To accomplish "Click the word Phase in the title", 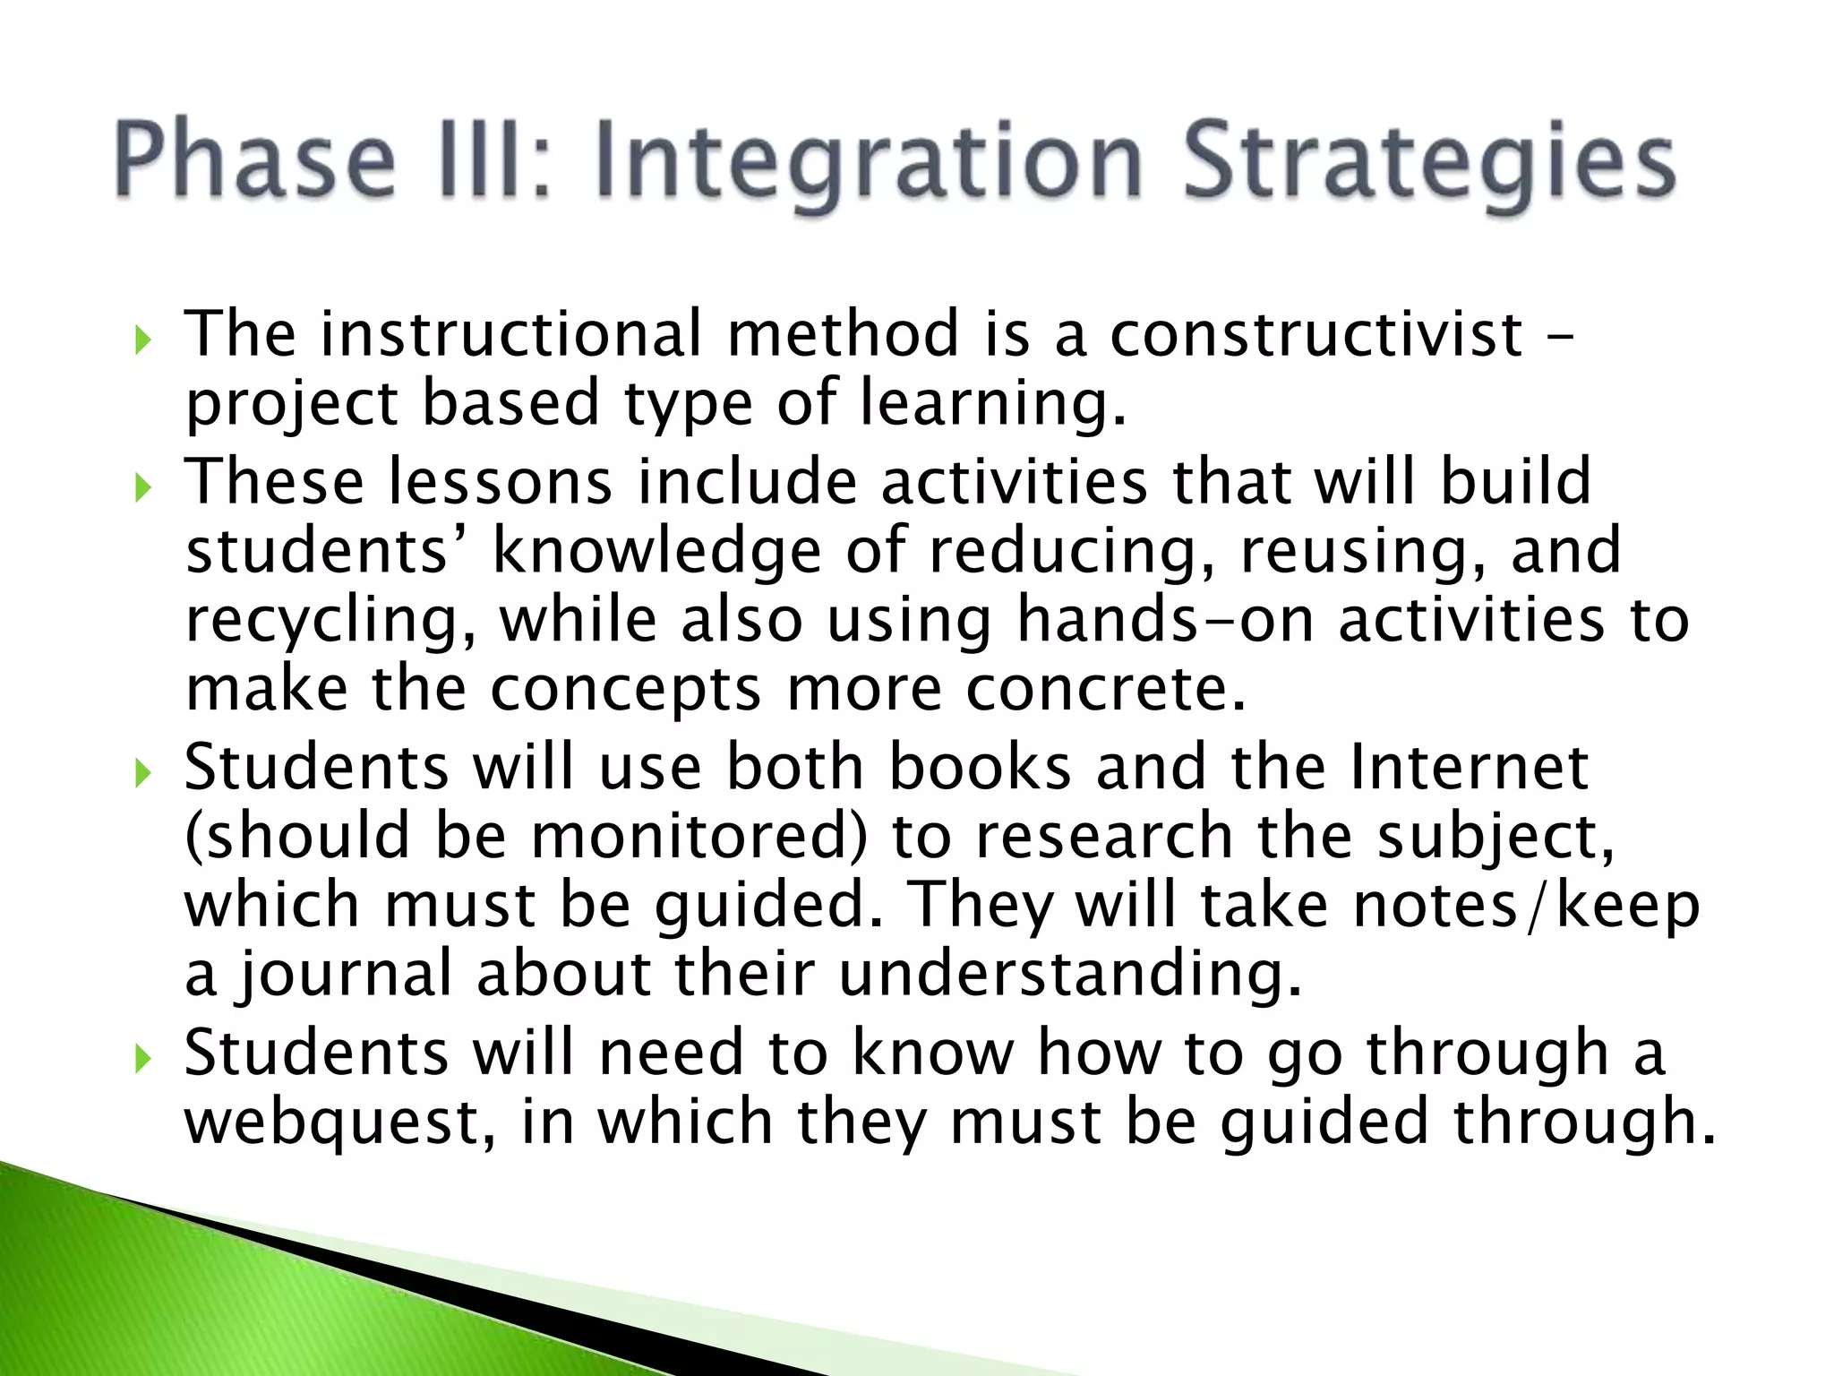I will coord(254,161).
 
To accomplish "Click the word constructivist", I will coord(1316,334).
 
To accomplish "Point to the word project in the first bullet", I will coord(291,405).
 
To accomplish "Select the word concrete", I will coord(1105,690).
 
